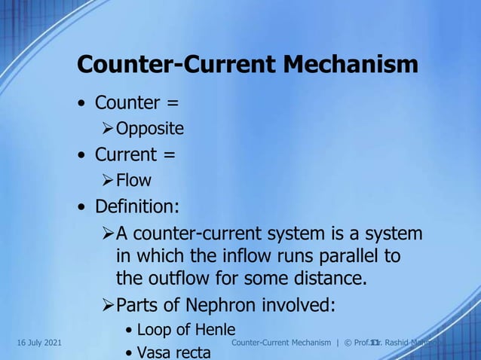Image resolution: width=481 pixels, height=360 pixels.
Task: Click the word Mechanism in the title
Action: (351, 65)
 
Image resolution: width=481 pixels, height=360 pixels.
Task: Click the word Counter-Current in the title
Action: (178, 65)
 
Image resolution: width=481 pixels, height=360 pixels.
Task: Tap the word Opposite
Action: (149, 129)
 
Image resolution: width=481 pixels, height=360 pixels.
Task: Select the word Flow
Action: (133, 181)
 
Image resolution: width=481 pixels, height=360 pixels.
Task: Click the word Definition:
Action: (136, 206)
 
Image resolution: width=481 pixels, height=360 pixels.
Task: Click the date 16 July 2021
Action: (38, 343)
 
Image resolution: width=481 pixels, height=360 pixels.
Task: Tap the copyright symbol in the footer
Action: (348, 343)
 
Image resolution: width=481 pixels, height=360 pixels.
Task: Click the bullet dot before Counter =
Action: (81, 104)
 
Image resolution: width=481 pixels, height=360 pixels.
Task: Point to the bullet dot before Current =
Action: (81, 156)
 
